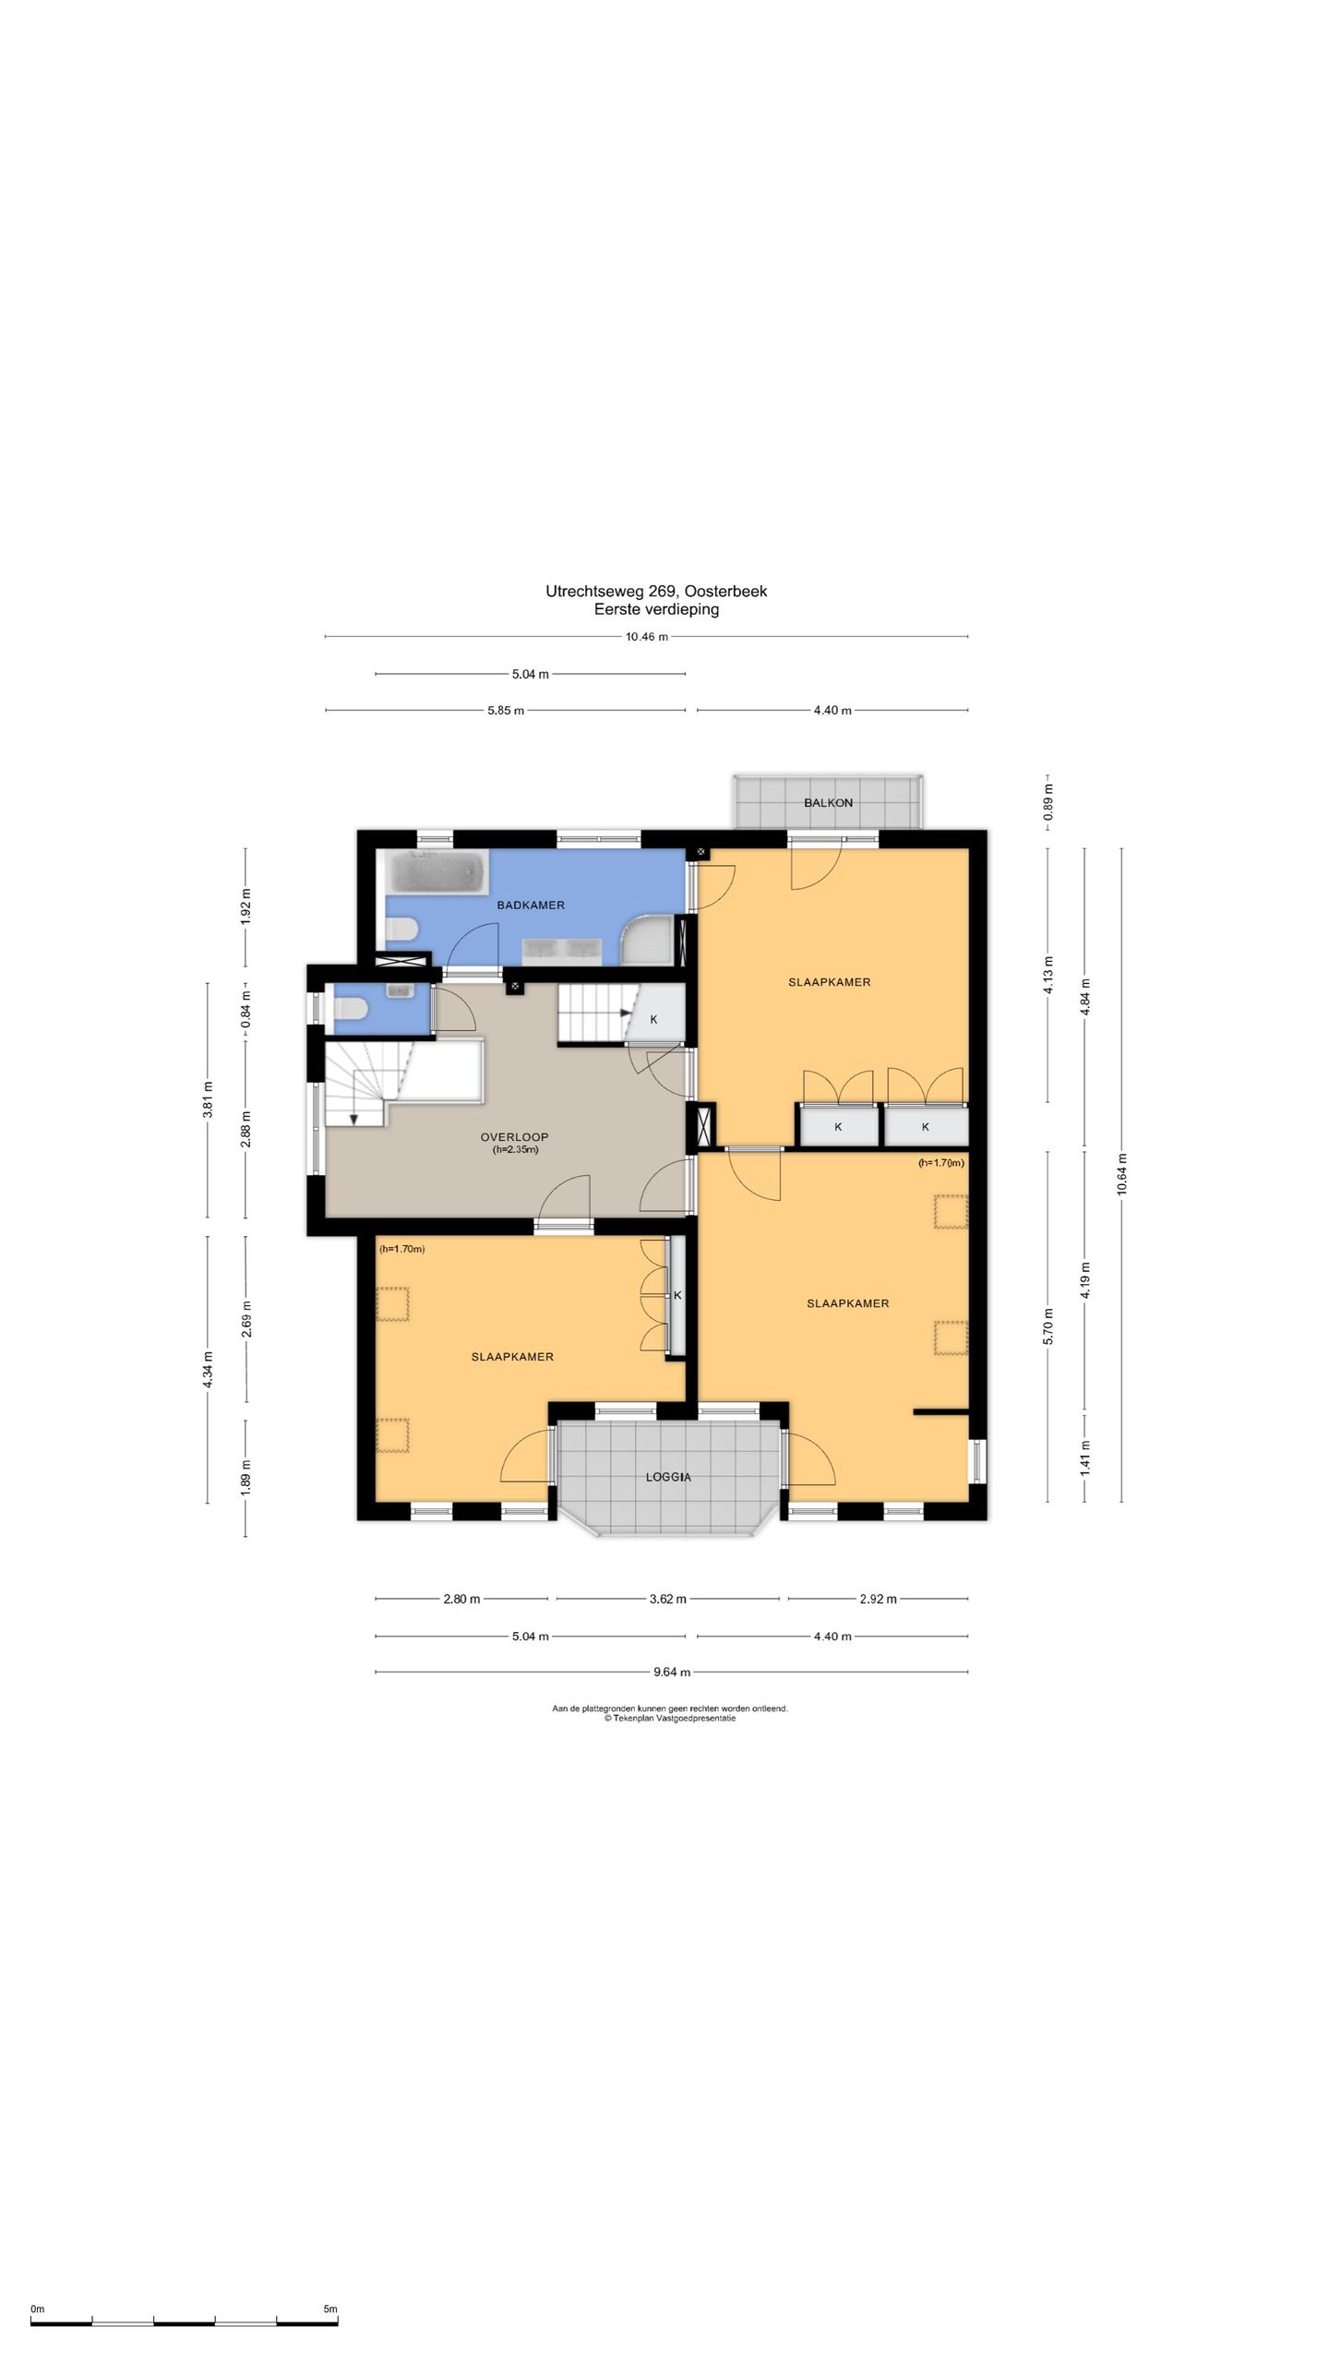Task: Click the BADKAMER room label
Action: (x=531, y=906)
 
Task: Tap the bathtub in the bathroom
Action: (x=437, y=872)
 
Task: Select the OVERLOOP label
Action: (x=514, y=1137)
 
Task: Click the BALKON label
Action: (x=828, y=803)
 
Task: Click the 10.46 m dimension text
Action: (x=646, y=637)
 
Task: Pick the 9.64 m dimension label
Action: (x=672, y=1672)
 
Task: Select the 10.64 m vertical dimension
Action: (x=1121, y=1174)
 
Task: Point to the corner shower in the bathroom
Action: (x=653, y=940)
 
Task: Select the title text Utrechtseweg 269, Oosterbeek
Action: (x=656, y=592)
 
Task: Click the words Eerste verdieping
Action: (x=656, y=609)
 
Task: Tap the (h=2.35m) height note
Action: (x=516, y=1150)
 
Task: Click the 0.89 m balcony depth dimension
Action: (x=1048, y=803)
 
